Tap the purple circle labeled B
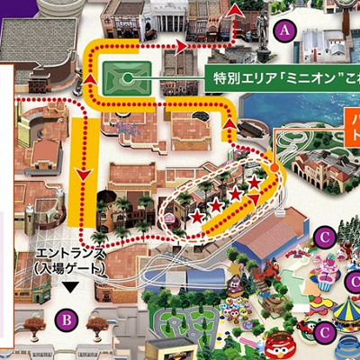[x=64, y=318]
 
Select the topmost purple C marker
[x=325, y=238]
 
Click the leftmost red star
[x=197, y=216]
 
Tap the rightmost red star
[x=255, y=184]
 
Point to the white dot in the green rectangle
[x=128, y=77]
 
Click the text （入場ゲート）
[x=68, y=269]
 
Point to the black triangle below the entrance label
[x=70, y=289]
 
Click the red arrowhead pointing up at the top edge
[x=237, y=8]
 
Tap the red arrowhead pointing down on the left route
[x=88, y=175]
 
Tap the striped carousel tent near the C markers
[x=346, y=310]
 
